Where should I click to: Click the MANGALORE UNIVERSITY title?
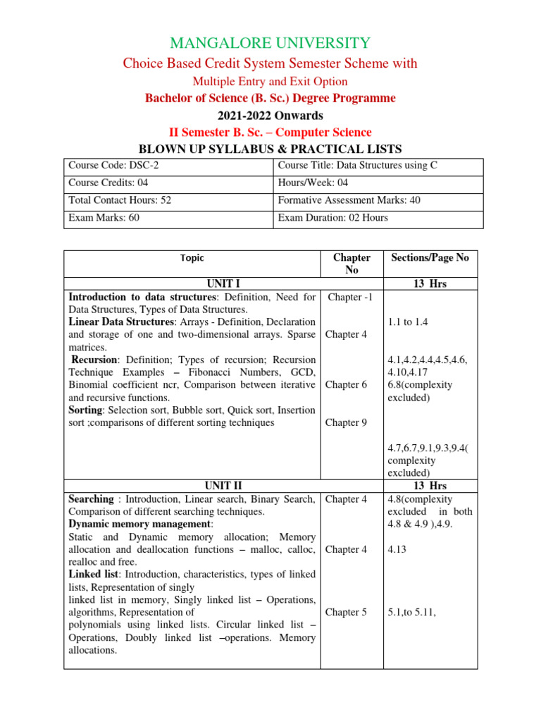point(270,43)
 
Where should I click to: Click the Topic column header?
point(192,259)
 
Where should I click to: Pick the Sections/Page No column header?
point(430,258)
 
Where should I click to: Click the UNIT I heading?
point(192,284)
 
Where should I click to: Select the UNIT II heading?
point(223,486)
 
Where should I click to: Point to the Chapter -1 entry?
point(350,297)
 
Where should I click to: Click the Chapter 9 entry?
point(346,423)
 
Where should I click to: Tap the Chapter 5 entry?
point(346,612)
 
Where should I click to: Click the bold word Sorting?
point(87,410)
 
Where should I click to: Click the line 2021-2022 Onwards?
point(270,116)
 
